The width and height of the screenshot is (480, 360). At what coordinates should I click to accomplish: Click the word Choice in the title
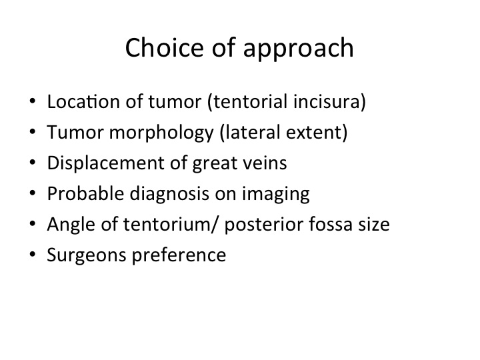(x=165, y=47)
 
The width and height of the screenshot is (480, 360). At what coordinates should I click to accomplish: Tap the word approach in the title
(x=299, y=49)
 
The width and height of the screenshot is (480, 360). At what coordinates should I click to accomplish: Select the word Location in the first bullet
(x=83, y=101)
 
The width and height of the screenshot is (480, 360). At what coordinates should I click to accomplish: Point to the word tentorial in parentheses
(x=251, y=101)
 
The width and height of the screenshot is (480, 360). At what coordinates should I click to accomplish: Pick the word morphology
(x=161, y=133)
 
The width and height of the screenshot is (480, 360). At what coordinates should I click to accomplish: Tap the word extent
(x=315, y=133)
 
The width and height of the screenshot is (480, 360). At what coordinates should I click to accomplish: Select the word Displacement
(x=106, y=164)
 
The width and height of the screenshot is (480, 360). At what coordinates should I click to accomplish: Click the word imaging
(x=276, y=195)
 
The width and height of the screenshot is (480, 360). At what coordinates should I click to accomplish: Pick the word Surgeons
(x=87, y=255)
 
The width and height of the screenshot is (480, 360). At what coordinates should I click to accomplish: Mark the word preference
(x=179, y=255)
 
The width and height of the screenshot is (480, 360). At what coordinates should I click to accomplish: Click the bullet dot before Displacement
(x=33, y=162)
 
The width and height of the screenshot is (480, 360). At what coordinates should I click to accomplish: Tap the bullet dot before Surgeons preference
(x=33, y=254)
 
